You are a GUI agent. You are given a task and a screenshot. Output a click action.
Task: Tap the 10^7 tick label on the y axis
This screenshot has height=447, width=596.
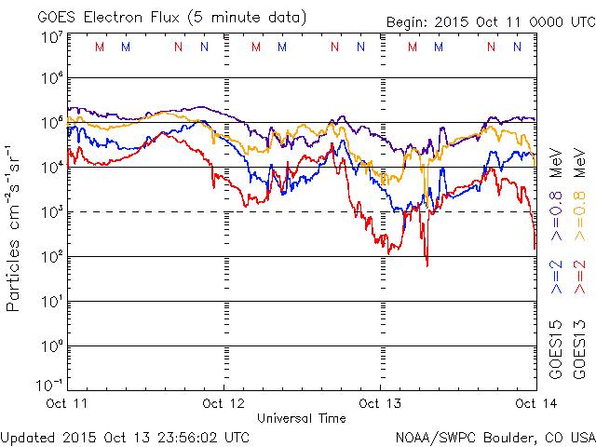click(51, 37)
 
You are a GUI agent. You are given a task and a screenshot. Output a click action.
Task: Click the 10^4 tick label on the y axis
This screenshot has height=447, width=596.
click(51, 167)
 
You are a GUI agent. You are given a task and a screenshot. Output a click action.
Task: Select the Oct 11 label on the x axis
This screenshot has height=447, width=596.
click(68, 403)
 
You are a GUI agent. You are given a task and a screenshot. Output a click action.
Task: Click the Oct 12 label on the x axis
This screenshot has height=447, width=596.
click(224, 403)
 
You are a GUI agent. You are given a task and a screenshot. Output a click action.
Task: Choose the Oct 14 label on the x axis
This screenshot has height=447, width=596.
click(535, 403)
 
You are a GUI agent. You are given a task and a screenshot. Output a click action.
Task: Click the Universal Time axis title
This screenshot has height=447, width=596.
click(302, 418)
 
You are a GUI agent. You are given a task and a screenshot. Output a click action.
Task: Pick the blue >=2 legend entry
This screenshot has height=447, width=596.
click(556, 277)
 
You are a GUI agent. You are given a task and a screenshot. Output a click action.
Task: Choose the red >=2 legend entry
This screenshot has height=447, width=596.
click(578, 277)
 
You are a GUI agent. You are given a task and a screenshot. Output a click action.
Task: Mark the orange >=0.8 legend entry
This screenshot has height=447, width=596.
click(578, 209)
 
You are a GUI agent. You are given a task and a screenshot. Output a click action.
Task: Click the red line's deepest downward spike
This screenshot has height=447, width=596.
click(427, 264)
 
